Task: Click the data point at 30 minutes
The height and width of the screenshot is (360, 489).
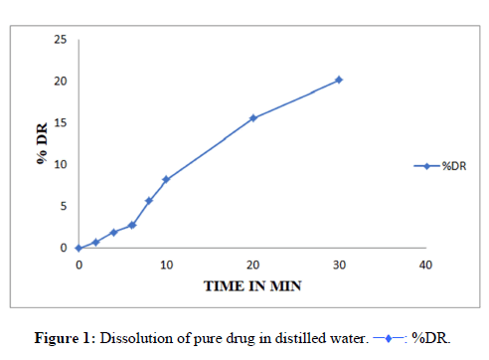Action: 339,80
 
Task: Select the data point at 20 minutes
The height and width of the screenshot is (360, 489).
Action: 253,118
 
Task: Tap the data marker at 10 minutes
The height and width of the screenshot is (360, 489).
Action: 166,179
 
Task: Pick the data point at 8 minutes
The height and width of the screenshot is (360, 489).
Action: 149,201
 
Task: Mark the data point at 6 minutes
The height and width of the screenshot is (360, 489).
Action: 132,225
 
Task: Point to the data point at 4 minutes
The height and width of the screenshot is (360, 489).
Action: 114,233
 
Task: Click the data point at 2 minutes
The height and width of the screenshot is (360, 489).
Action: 95,242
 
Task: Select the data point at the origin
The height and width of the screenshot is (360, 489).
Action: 79,248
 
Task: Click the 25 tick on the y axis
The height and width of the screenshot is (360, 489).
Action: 61,40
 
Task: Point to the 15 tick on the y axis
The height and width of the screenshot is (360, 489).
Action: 61,123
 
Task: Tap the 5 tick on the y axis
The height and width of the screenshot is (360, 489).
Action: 64,206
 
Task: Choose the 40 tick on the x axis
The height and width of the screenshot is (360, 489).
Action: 425,265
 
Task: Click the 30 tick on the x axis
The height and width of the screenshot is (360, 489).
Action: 339,265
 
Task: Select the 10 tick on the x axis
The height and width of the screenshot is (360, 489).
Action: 166,265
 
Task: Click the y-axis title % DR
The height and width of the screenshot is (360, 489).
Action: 42,143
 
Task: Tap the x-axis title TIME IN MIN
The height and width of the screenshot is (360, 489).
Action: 252,286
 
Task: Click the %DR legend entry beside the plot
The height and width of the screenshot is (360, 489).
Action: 440,166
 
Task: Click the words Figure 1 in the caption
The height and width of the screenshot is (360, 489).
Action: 63,338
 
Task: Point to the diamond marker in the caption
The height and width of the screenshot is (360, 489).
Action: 389,338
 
